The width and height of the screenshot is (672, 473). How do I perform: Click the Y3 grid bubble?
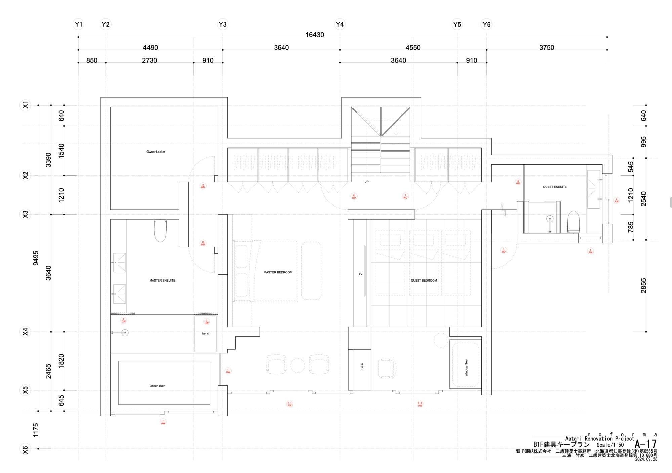(x=223, y=24)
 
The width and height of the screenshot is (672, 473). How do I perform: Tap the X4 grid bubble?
(x=25, y=332)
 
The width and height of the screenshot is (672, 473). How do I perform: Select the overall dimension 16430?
(x=314, y=35)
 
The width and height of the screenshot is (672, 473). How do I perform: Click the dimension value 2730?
(x=149, y=60)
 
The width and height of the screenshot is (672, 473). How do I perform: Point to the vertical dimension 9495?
(x=36, y=258)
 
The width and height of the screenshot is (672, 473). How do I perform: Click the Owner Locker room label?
(x=156, y=152)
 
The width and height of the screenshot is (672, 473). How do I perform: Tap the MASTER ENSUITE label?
(x=162, y=281)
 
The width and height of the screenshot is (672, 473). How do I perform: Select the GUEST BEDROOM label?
(x=424, y=281)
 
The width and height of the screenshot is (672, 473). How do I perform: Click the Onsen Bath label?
(x=157, y=386)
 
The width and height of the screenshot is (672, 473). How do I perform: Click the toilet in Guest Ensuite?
(x=573, y=222)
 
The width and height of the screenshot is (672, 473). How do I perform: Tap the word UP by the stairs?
(x=366, y=182)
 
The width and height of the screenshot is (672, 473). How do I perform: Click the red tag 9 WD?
(x=203, y=186)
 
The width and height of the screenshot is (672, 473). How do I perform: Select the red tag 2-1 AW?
(x=289, y=404)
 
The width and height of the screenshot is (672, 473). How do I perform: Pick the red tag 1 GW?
(x=228, y=371)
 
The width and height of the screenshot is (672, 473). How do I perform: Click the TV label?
(x=360, y=274)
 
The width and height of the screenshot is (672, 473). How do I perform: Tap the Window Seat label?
(x=466, y=367)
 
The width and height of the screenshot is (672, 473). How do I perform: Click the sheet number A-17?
(x=645, y=444)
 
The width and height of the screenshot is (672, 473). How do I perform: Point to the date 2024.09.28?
(x=646, y=459)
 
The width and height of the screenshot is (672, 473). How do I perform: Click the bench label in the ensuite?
(x=206, y=334)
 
